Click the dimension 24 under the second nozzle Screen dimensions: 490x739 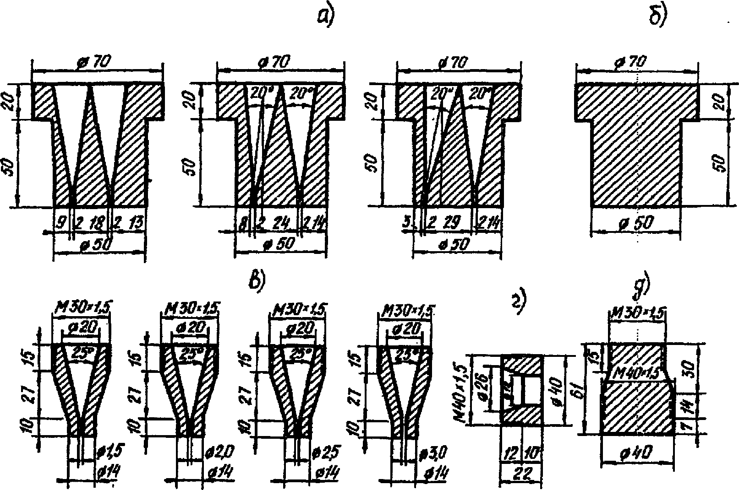click(278, 224)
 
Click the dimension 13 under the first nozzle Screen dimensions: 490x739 click(136, 224)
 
